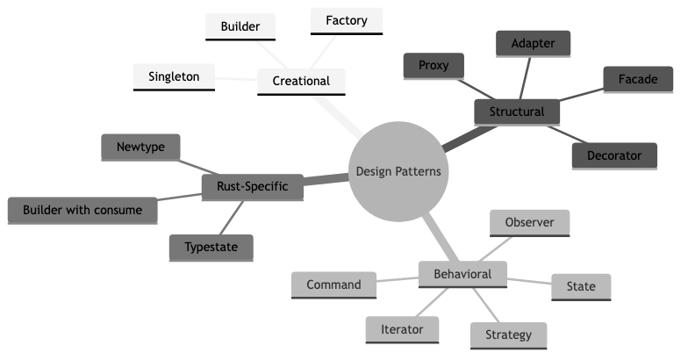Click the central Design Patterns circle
[x=398, y=171]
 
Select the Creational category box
[x=301, y=81]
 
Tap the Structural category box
[x=517, y=112]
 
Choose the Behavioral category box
[x=462, y=274]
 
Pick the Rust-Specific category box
[x=252, y=186]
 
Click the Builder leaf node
[x=240, y=26]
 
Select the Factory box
[x=346, y=19]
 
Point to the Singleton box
[x=173, y=76]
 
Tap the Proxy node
[x=434, y=65]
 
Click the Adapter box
[x=534, y=42]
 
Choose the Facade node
[x=637, y=78]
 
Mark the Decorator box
[x=614, y=155]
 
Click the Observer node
[x=529, y=222]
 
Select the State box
[x=580, y=286]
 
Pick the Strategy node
[x=508, y=335]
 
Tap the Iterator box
[x=402, y=329]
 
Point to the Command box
[x=333, y=284]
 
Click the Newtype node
[x=140, y=147]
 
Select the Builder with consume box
[x=82, y=210]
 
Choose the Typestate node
[x=211, y=247]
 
